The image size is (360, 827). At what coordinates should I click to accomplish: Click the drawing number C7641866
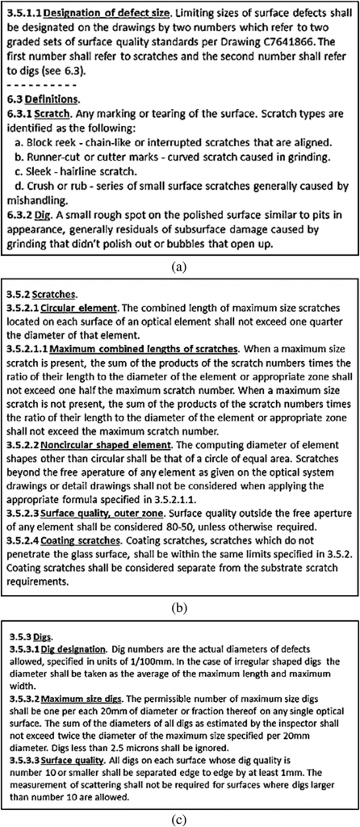click(314, 46)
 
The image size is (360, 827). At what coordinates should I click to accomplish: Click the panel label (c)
click(179, 816)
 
